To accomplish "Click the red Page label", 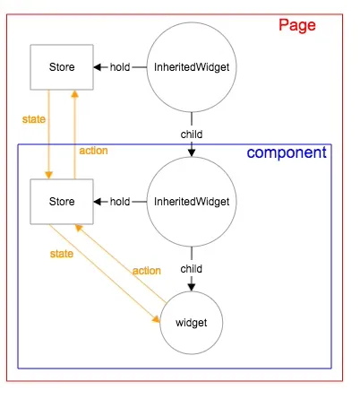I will (x=297, y=25).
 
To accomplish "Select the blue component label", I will (x=287, y=152).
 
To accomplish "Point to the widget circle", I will (x=191, y=321).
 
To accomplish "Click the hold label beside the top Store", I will (x=121, y=66).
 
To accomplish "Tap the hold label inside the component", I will (x=121, y=201).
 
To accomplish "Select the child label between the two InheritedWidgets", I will (x=191, y=134).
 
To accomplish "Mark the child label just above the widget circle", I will (x=191, y=268).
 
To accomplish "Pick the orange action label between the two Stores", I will (x=93, y=150).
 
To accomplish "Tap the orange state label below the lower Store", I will (x=61, y=254).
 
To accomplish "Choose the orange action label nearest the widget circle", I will (x=146, y=270).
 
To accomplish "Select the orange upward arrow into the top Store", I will (x=75, y=126).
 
